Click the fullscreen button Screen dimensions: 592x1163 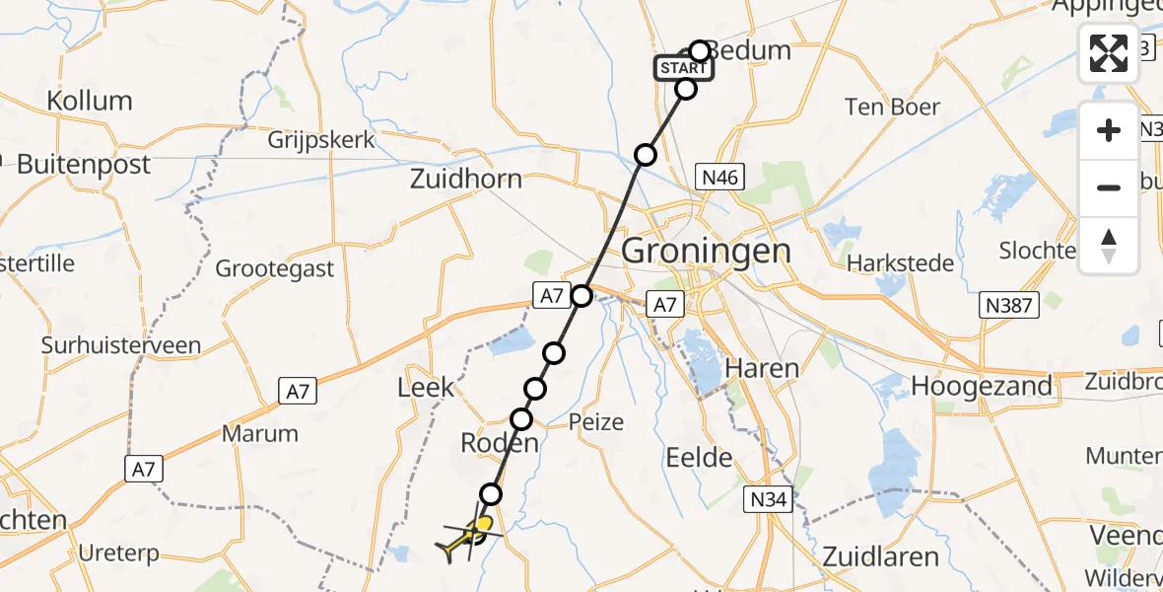[x=1109, y=52]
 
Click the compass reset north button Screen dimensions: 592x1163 [x=1109, y=245]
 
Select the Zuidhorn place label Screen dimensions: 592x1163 [x=466, y=181]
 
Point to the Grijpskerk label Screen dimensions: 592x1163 [x=321, y=140]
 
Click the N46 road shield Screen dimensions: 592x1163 [x=718, y=178]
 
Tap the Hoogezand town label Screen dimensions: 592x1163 [x=982, y=386]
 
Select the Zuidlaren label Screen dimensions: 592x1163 [x=880, y=556]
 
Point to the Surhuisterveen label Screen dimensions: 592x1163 [x=121, y=345]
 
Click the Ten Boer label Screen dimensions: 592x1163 [x=893, y=107]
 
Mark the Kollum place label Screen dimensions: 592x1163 [x=88, y=101]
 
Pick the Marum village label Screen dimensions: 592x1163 [x=260, y=433]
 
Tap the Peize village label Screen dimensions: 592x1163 [x=596, y=422]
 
